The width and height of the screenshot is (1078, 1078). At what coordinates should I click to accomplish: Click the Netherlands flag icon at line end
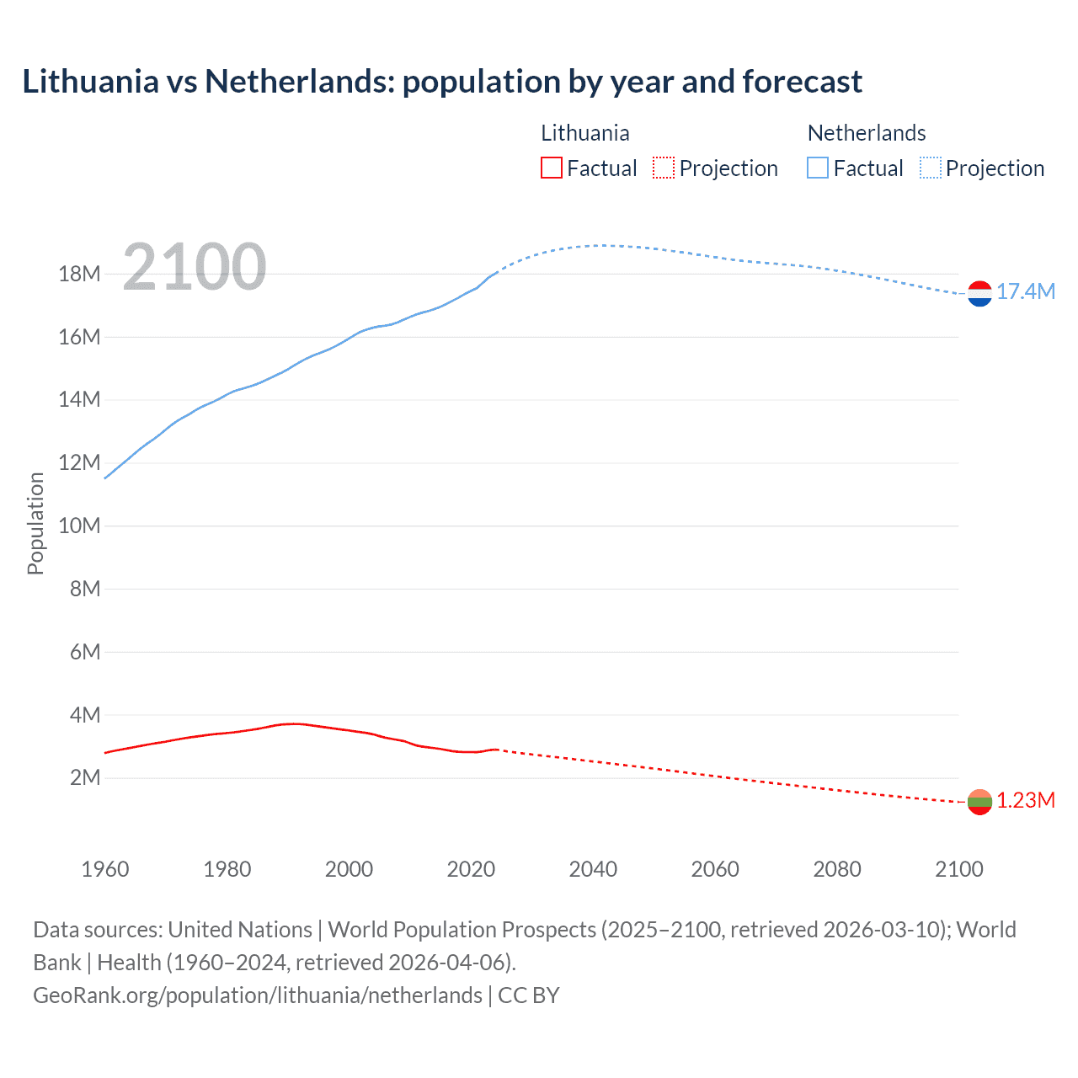(979, 293)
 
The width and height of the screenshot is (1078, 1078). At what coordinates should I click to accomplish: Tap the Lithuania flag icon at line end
(979, 802)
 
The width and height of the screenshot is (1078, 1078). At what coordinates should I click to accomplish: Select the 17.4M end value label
(1026, 291)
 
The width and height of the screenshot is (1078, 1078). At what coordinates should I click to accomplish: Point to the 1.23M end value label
(1026, 800)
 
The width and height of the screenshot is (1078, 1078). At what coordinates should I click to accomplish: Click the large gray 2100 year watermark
(195, 267)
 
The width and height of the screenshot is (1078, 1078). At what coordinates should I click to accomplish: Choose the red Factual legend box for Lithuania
(551, 168)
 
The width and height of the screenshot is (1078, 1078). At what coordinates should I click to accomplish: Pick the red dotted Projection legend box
(664, 168)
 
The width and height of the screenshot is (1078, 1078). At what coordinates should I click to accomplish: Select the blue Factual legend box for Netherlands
(817, 168)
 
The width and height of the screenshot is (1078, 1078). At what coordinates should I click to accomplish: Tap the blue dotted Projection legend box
(931, 168)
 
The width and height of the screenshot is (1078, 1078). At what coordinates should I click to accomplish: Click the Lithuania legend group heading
(584, 133)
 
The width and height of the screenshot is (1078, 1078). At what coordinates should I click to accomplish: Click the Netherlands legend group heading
(867, 133)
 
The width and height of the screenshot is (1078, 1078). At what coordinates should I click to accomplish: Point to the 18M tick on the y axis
(79, 274)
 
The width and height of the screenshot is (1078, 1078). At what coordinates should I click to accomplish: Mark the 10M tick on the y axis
(79, 526)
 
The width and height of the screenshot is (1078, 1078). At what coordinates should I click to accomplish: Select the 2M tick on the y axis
(84, 777)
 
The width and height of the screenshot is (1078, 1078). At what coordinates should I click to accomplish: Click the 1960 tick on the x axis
(105, 869)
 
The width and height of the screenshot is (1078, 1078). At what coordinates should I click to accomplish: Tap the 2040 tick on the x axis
(593, 869)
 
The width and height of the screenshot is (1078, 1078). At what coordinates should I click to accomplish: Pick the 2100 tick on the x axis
(958, 869)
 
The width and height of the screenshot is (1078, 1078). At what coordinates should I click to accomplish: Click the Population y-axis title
(35, 523)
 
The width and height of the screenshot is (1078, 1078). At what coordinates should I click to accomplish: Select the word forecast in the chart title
(802, 82)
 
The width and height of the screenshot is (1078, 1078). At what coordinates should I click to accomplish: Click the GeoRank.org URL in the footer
(258, 995)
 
